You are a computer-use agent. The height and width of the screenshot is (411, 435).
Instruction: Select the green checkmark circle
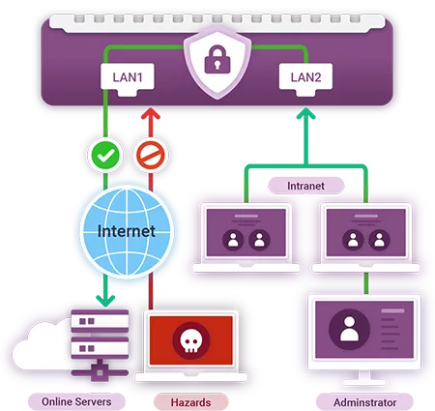click(103, 155)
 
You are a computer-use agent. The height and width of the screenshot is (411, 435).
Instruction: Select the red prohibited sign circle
click(150, 155)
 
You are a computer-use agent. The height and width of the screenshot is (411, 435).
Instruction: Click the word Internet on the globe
click(127, 232)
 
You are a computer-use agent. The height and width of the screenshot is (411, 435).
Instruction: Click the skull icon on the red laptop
click(188, 339)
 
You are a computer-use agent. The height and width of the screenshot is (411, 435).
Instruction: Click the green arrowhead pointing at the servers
click(103, 300)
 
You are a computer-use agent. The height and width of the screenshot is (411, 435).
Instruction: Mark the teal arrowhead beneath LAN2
click(304, 115)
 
